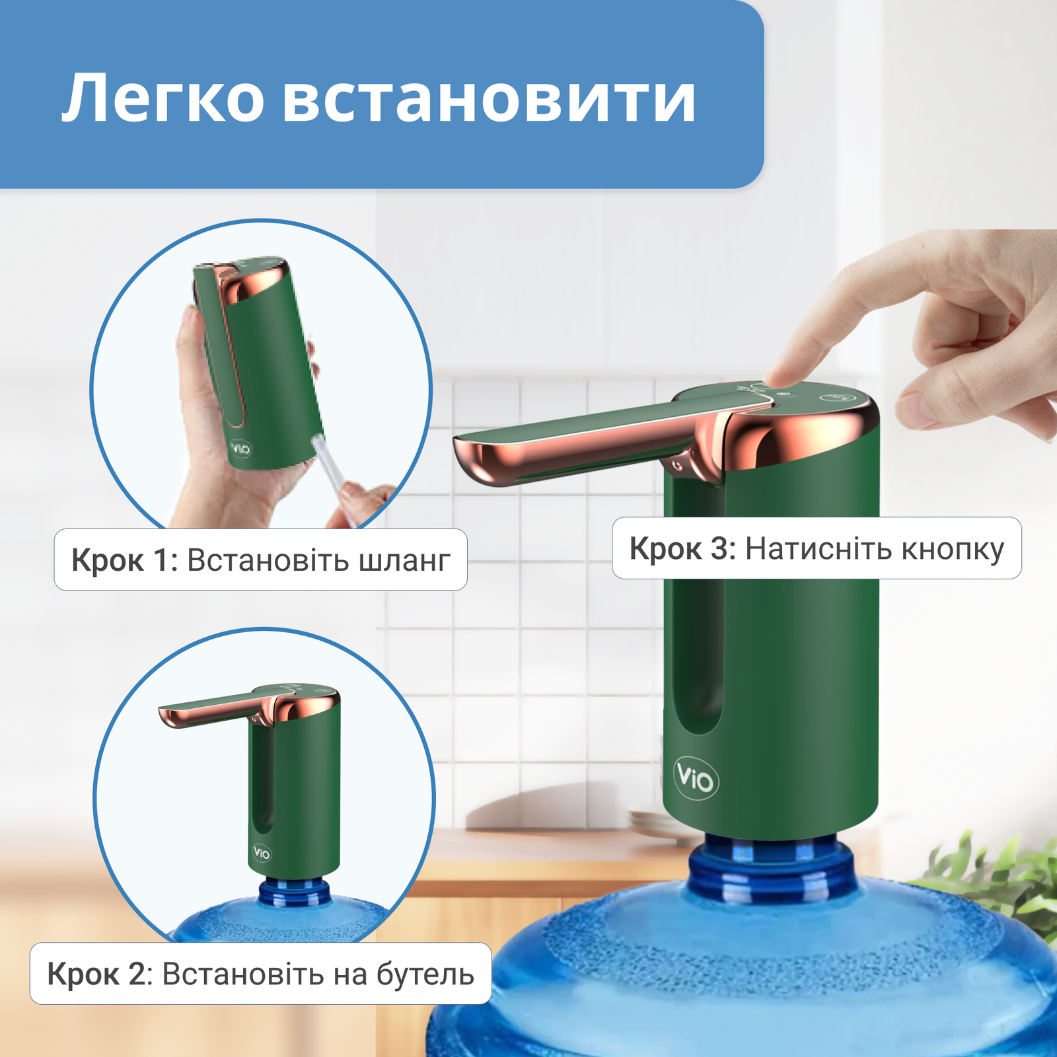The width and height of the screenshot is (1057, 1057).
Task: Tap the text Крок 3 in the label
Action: tap(682, 549)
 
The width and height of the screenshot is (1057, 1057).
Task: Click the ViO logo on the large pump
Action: tap(695, 779)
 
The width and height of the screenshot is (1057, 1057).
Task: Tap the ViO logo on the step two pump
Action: tap(262, 853)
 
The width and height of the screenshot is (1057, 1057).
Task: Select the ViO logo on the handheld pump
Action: tap(241, 449)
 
